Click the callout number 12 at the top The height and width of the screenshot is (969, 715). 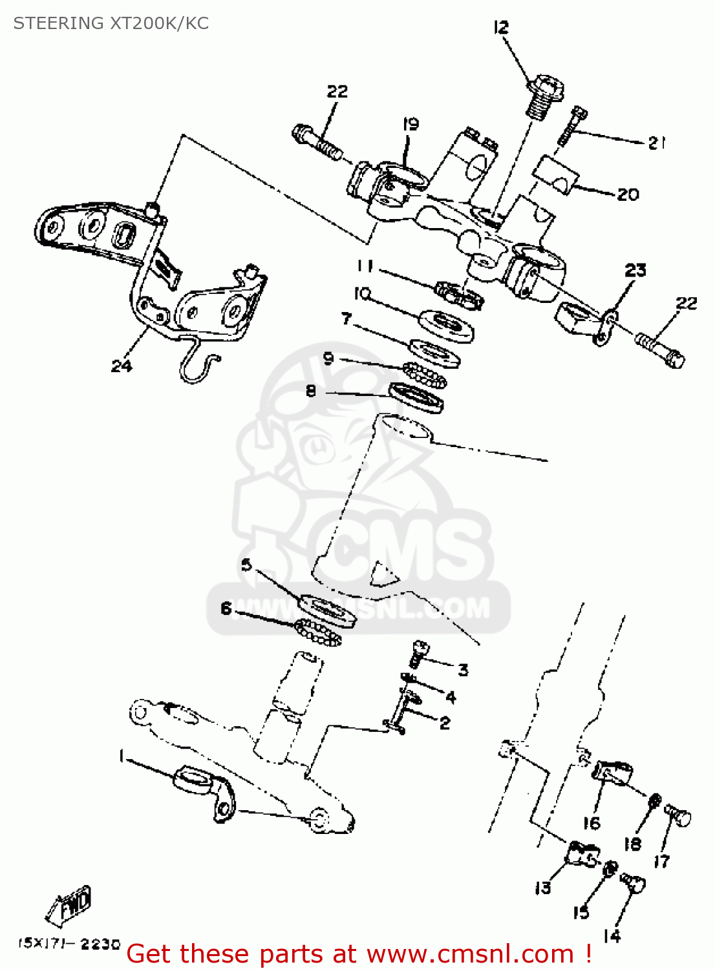tap(501, 28)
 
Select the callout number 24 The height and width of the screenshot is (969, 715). tap(121, 366)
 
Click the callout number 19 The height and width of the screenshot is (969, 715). tap(411, 124)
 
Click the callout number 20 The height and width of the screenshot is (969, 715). tap(628, 194)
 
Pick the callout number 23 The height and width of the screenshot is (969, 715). tap(635, 270)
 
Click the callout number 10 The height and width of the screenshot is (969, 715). tap(362, 294)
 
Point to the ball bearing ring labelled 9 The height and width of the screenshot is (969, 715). tap(425, 375)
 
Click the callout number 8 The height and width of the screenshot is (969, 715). tap(311, 391)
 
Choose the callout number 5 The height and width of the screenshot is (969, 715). tap(246, 565)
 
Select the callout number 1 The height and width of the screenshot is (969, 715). tap(121, 756)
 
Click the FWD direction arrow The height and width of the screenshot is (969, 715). tap(69, 904)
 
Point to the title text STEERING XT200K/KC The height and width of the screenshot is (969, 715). tap(111, 23)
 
